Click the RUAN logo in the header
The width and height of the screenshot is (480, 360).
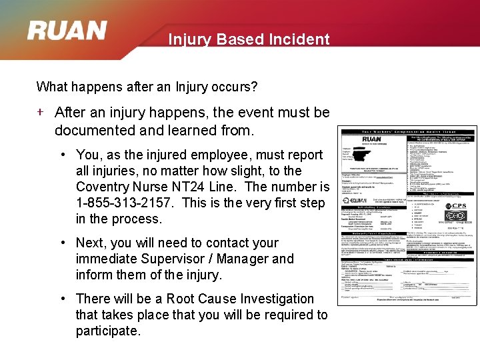click(67, 31)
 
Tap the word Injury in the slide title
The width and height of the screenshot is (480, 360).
click(189, 39)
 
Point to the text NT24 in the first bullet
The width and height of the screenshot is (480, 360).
click(185, 187)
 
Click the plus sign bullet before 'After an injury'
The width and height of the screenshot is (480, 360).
click(41, 112)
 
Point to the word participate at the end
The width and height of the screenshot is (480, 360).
click(108, 331)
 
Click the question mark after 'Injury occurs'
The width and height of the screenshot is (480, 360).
click(255, 87)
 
